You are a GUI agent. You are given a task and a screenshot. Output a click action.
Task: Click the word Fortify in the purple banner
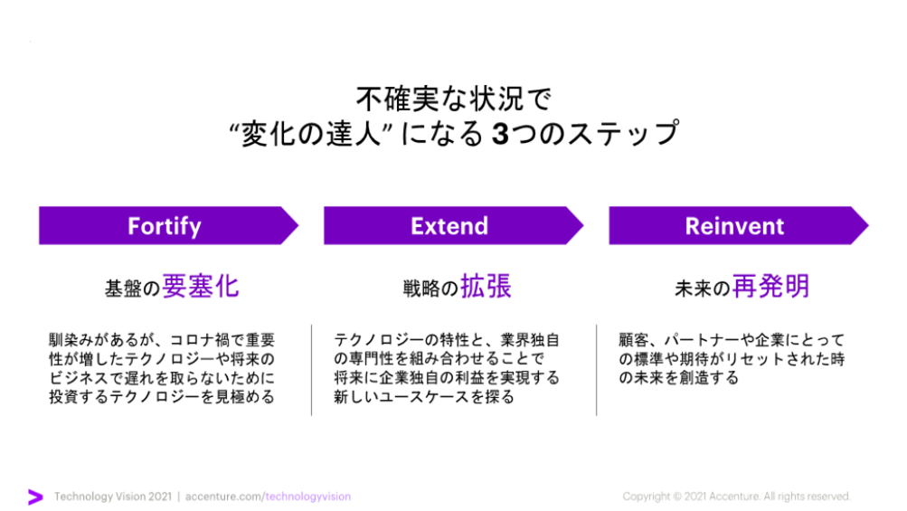(165, 226)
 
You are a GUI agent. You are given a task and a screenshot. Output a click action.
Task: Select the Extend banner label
(449, 226)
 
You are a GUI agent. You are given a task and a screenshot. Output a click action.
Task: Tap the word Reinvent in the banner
(734, 226)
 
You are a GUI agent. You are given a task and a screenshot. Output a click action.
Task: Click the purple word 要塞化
(201, 287)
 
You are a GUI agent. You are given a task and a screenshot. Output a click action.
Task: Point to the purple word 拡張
(486, 287)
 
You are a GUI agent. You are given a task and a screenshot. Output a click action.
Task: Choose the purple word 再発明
(771, 287)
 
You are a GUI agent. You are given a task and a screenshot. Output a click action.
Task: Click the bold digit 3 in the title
(500, 133)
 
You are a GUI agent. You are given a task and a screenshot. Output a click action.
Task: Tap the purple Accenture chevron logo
(35, 497)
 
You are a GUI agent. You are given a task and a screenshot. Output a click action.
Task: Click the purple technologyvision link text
(308, 497)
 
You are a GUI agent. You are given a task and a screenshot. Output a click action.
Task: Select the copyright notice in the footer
(736, 497)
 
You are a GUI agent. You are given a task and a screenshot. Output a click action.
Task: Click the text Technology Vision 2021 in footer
(113, 497)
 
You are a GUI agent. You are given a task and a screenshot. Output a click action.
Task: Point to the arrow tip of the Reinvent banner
(869, 226)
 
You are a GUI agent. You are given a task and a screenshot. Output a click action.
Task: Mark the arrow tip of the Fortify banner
(298, 226)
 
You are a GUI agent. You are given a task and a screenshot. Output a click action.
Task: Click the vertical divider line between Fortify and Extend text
(311, 370)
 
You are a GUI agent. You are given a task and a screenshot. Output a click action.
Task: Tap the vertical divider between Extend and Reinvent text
(596, 370)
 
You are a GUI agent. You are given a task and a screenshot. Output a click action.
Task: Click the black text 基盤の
(132, 289)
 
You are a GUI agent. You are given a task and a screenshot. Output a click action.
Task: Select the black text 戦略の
(430, 289)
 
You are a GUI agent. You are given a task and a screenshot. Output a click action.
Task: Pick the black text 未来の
(703, 289)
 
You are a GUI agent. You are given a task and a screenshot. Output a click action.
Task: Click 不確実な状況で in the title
(454, 99)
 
